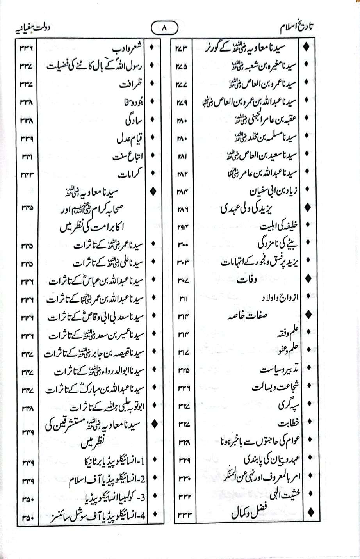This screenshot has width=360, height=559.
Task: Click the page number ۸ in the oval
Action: (164, 28)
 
